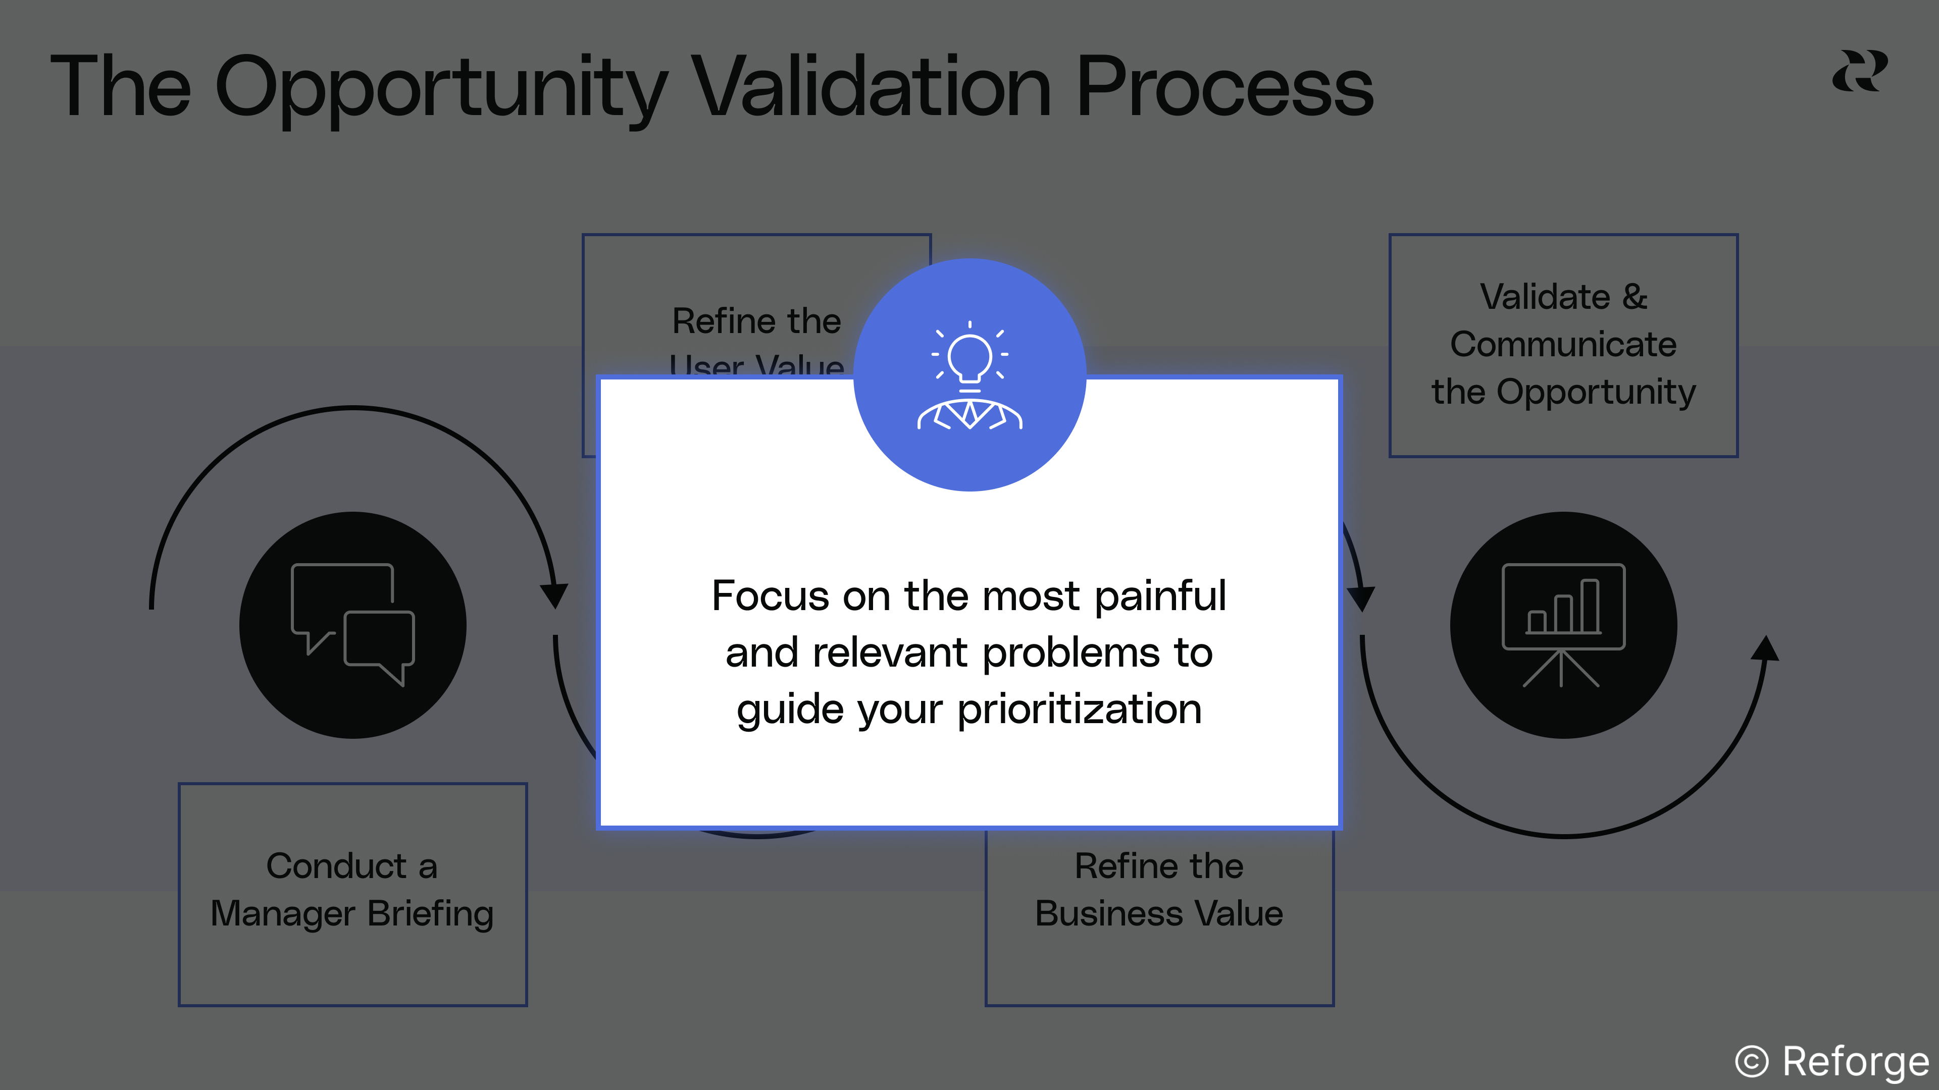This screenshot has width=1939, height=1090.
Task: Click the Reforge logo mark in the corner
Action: (1859, 72)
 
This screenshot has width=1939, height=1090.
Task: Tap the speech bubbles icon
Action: (352, 624)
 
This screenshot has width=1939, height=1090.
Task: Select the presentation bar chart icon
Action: (1563, 624)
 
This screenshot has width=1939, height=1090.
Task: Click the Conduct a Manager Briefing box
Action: (352, 894)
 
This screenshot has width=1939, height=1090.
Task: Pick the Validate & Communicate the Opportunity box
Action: (1563, 345)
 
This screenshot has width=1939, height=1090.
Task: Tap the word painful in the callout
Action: (1160, 596)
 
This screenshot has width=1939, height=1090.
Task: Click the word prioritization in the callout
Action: (1080, 710)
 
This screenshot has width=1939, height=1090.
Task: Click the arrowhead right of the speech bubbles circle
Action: (555, 594)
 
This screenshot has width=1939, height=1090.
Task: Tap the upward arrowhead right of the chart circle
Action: (1765, 648)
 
